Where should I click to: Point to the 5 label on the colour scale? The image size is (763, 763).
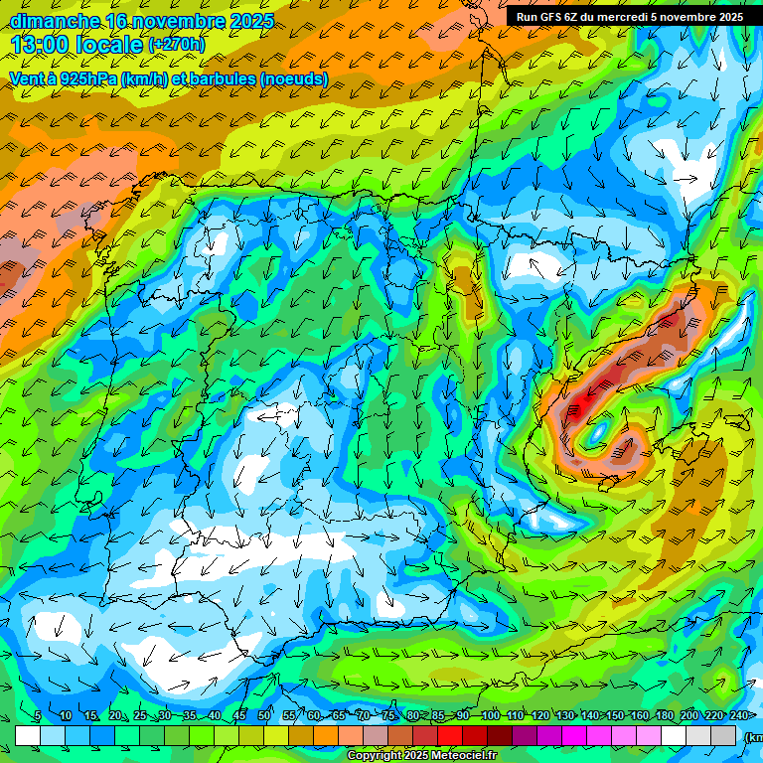(x=38, y=716)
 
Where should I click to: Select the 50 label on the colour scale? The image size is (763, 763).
(x=263, y=716)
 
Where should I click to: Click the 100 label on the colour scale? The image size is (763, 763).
(x=490, y=716)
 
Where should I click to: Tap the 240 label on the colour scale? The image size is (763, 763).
(x=739, y=716)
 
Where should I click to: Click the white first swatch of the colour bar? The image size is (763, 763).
(x=28, y=735)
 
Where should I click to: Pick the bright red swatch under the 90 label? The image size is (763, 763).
(x=451, y=735)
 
